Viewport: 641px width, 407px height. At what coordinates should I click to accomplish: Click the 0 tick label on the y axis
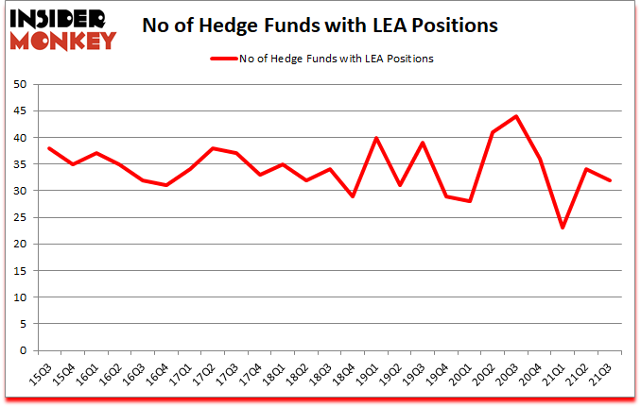[21, 350]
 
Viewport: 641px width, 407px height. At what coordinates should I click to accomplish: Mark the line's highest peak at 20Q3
[516, 116]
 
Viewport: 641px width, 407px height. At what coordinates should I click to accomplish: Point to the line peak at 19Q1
[376, 138]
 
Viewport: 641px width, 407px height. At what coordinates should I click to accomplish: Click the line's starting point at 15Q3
[48, 148]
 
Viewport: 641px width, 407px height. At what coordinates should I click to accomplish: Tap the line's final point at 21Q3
[610, 180]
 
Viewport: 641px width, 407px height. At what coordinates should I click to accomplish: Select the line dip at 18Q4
[353, 196]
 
